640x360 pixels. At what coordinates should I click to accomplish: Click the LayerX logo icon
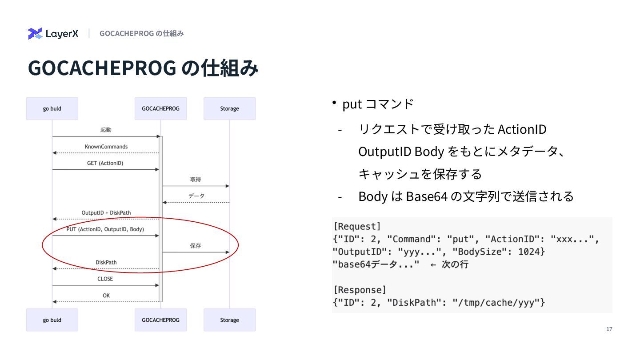point(35,33)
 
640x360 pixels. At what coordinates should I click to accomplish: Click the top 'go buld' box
point(52,108)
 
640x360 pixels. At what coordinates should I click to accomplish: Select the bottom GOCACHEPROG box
point(160,320)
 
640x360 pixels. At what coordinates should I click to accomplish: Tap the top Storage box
point(229,108)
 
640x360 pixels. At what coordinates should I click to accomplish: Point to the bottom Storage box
point(229,320)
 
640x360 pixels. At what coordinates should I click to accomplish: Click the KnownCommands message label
point(106,147)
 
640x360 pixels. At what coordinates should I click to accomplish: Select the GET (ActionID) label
point(105,163)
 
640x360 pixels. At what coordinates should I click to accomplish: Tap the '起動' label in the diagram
point(106,130)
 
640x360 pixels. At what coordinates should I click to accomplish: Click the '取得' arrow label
point(196,180)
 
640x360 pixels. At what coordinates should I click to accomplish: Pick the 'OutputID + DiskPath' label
point(106,213)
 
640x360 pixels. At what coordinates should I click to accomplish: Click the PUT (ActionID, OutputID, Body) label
point(105,229)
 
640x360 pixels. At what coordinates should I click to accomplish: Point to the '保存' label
point(196,246)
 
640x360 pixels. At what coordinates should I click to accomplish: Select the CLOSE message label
point(105,279)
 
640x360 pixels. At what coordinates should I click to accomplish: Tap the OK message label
point(106,296)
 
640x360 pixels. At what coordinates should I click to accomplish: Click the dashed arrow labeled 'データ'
point(196,202)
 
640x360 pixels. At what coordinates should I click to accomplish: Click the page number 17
point(609,329)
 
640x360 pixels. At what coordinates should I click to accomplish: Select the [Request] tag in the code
point(357,227)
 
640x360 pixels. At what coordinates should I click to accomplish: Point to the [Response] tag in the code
point(360,290)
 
